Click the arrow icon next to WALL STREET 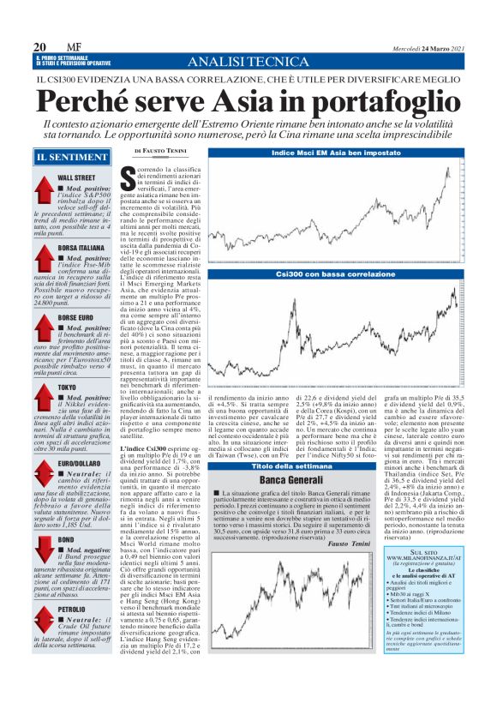pyautogui.click(x=45, y=186)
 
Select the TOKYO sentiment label pyautogui.click(x=68, y=388)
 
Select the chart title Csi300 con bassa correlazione pyautogui.click(x=336, y=272)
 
